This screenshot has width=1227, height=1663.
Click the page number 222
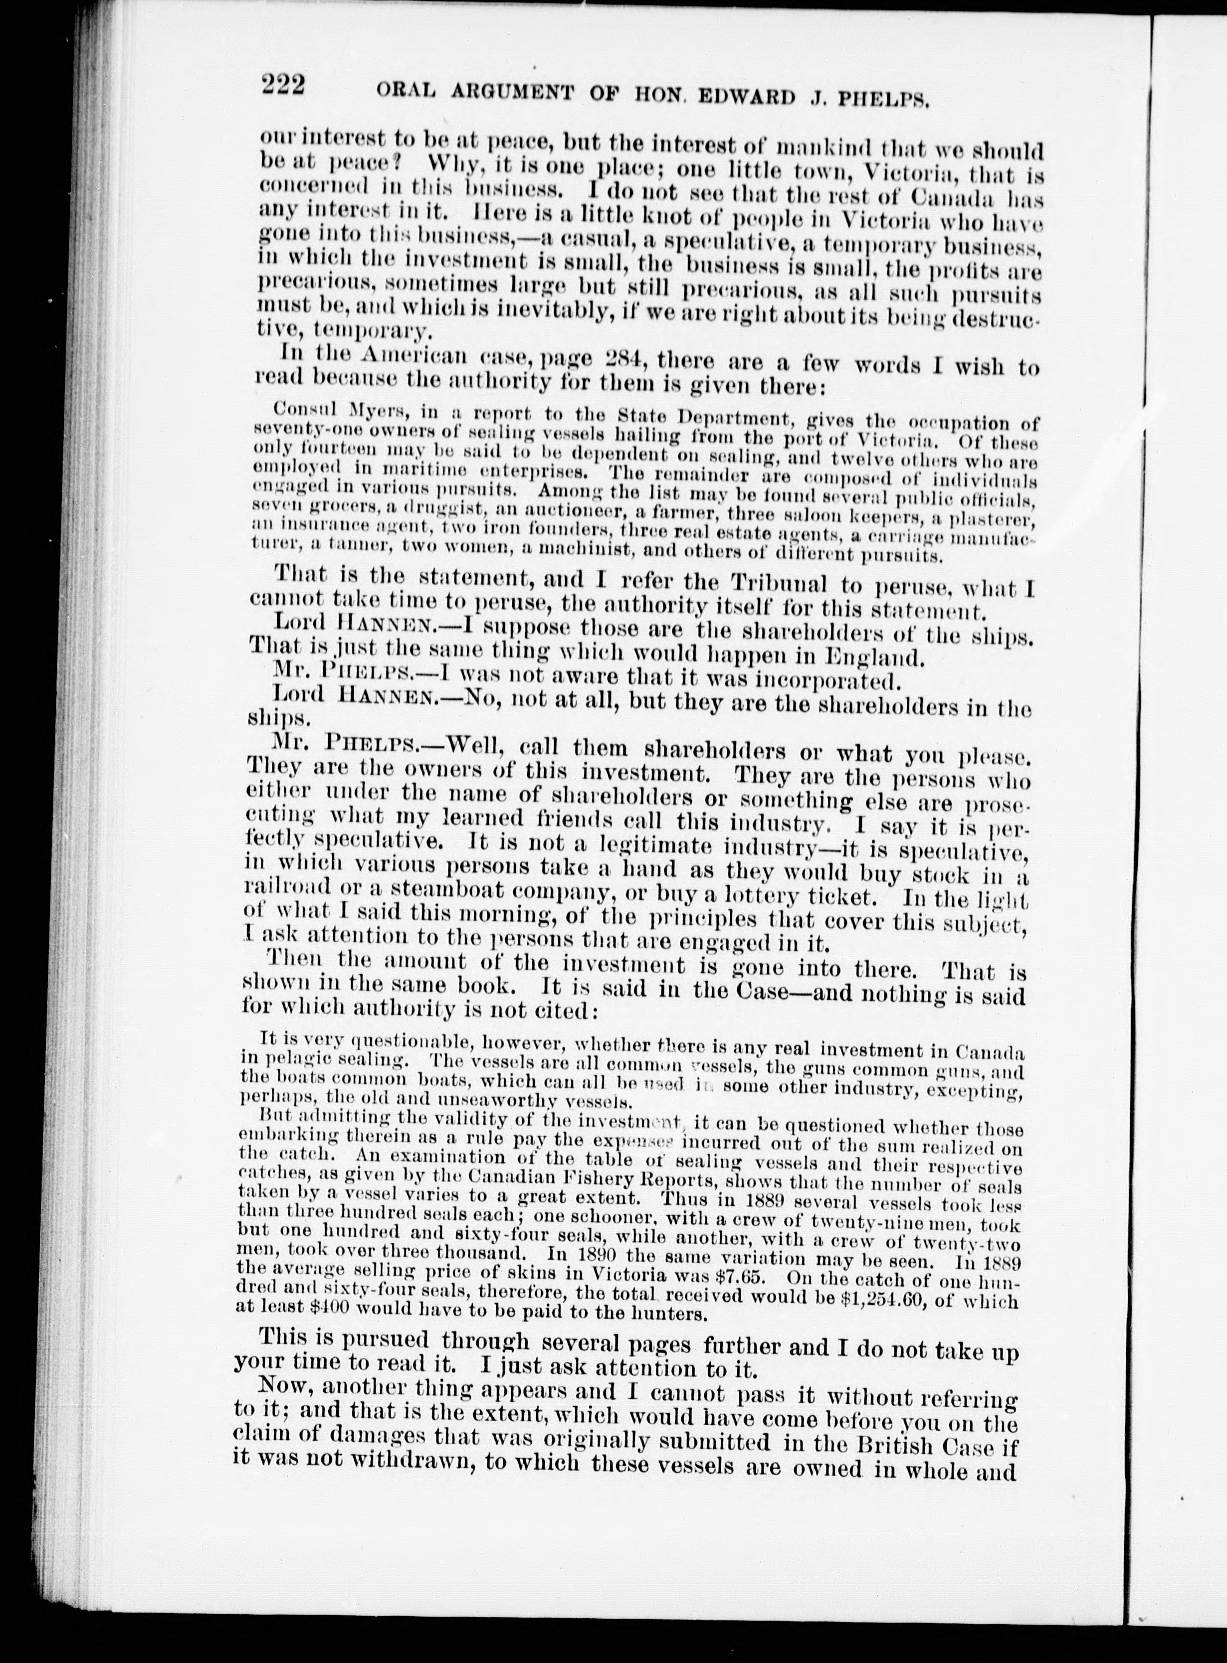282,88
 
